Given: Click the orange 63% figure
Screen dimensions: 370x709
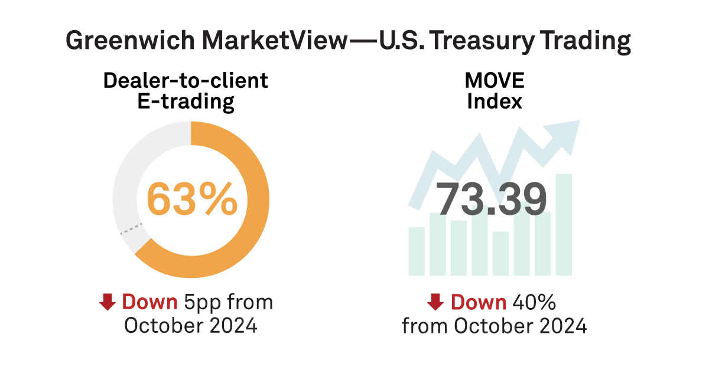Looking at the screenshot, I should pos(191,199).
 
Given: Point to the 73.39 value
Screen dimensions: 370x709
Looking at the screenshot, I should pos(492,199).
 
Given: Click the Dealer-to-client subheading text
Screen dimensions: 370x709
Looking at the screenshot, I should pos(186,81).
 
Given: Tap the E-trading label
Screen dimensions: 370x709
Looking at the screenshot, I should pos(186,101).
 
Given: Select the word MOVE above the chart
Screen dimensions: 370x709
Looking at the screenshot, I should pos(495,81).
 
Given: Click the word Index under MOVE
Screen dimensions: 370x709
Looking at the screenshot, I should pos(495,101).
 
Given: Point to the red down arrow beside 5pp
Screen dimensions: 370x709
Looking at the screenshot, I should pos(107,303).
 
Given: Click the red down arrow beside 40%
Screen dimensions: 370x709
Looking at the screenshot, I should pos(435,303).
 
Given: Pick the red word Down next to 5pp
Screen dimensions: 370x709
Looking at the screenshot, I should pos(149,302).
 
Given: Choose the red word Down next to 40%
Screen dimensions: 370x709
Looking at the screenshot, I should pos(479,302).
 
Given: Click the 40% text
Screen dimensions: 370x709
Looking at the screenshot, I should pos(534,302).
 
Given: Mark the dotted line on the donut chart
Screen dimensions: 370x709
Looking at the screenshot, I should pos(131,229).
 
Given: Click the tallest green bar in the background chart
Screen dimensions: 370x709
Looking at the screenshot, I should pos(564,224).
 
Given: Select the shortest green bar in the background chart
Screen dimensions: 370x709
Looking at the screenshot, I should pos(501,254).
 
